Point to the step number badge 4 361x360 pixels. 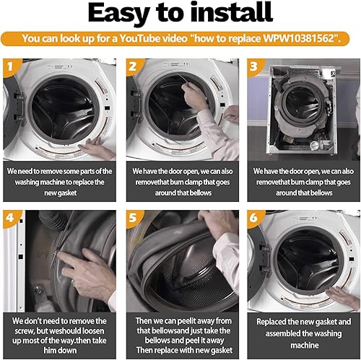pos(10,217)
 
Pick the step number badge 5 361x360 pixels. pos(133,217)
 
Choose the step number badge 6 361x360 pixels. pos(254,217)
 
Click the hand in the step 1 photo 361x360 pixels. pos(97,149)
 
